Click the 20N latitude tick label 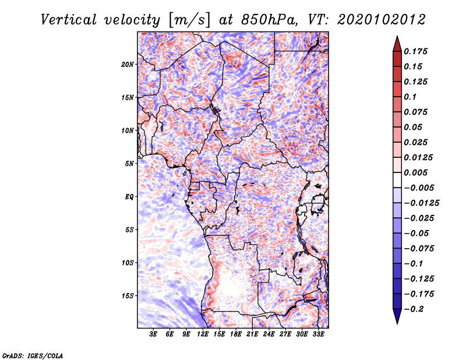(128, 65)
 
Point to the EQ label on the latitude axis (129, 197)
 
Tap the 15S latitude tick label (128, 296)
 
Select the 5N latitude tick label (129, 164)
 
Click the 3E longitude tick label (153, 334)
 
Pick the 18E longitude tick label (236, 334)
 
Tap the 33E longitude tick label (318, 334)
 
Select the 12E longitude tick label (203, 334)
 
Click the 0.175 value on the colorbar (415, 51)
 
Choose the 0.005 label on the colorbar (415, 172)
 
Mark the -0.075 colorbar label (419, 249)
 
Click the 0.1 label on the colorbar (410, 97)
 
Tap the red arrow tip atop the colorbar (397, 36)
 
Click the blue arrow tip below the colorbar (397, 323)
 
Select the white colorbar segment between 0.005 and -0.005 (397, 180)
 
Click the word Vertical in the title (69, 20)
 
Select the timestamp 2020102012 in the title (382, 20)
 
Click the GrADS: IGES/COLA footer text (33, 356)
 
